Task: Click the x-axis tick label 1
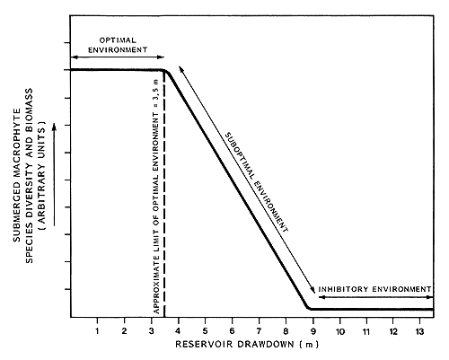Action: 97,332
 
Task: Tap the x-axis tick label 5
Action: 206,332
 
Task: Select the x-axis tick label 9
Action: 314,332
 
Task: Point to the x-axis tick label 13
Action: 422,332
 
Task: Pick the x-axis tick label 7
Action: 260,332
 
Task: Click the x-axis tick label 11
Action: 368,332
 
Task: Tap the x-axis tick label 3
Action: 151,332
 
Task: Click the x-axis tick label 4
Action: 179,332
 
